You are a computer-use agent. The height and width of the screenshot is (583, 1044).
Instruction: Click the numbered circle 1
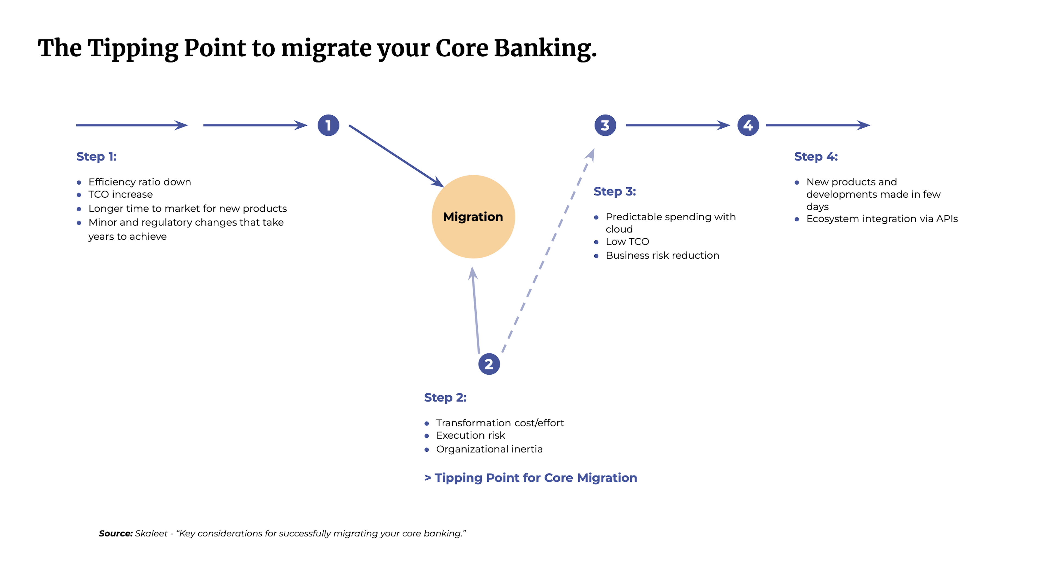(x=328, y=125)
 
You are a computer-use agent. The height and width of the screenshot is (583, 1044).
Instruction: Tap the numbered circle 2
(x=489, y=364)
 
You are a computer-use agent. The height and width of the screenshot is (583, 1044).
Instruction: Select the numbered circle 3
(x=605, y=125)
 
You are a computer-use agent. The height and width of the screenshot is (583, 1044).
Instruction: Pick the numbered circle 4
(x=748, y=125)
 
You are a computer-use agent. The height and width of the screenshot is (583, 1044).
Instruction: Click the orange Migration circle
(x=473, y=217)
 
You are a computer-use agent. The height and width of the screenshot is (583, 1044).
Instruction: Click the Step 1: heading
(x=97, y=157)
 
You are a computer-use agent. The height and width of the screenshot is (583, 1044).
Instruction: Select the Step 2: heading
(x=445, y=397)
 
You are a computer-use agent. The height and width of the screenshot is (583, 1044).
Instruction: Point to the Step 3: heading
(x=614, y=191)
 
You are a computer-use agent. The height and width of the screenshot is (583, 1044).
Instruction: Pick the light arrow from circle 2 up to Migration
(x=476, y=312)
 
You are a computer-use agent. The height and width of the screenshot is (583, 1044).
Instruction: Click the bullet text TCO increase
(x=120, y=195)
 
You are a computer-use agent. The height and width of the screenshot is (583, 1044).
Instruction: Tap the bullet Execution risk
(x=470, y=435)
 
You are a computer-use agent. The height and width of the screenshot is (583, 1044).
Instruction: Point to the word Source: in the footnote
(x=116, y=534)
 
